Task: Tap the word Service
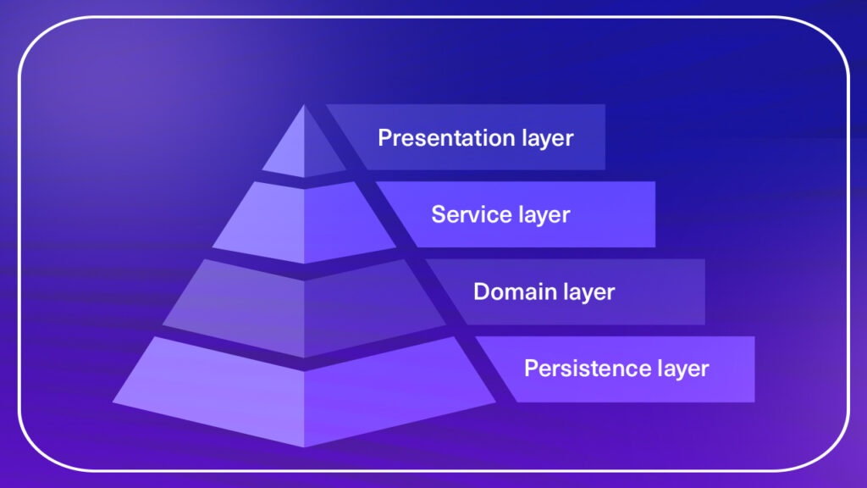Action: [465, 214]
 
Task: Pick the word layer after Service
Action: [544, 216]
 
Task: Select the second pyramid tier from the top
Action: [304, 221]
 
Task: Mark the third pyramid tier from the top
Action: [304, 307]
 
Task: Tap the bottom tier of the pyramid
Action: [304, 390]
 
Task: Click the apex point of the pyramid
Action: [304, 106]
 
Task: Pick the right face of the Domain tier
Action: [367, 307]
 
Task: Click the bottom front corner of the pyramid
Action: [304, 446]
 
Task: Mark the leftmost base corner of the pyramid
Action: [113, 402]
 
